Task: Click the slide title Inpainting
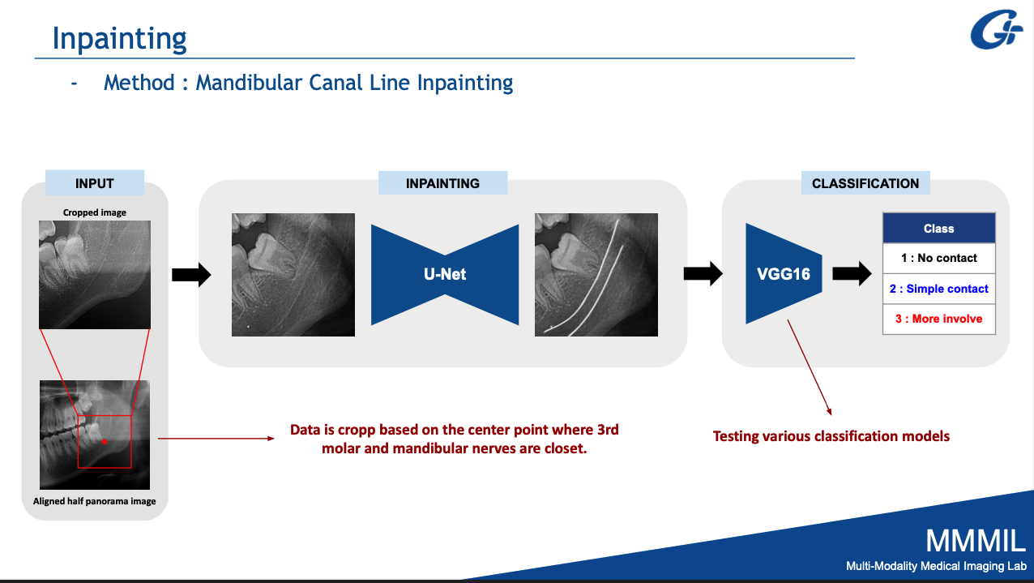(119, 37)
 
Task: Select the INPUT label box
(95, 183)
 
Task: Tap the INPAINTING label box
(442, 183)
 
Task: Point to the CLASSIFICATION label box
(865, 183)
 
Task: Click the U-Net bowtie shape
(445, 274)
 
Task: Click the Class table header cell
(938, 229)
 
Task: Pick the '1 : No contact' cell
(938, 258)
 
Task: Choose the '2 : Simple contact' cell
(938, 289)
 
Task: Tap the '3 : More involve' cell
(938, 319)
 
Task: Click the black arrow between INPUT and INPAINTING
(191, 275)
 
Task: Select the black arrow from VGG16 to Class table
(852, 274)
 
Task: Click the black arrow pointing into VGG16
(703, 274)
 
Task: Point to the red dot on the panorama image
(104, 441)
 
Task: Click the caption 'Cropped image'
(95, 212)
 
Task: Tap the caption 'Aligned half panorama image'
(95, 501)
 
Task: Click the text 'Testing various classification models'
(831, 436)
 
